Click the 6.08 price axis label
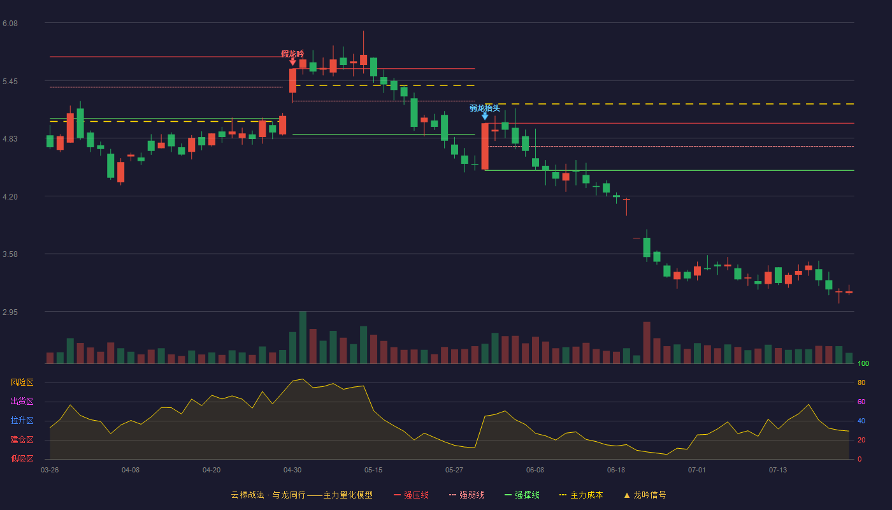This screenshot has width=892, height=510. click(x=10, y=24)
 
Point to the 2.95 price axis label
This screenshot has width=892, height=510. click(x=10, y=312)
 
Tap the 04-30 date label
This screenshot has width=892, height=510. click(x=292, y=470)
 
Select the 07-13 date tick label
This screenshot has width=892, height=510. click(x=778, y=470)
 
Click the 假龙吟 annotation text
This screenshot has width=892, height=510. click(x=292, y=54)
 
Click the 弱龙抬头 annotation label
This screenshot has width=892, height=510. click(x=485, y=108)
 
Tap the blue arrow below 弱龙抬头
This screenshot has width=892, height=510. click(x=485, y=116)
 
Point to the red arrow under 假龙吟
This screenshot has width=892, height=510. click(x=292, y=62)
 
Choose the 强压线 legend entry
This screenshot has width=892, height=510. click(x=411, y=495)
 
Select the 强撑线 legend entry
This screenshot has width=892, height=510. click(x=522, y=495)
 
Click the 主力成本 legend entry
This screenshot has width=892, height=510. click(x=581, y=495)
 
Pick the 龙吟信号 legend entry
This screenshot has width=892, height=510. click(x=645, y=495)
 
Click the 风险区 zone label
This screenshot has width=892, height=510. click(x=22, y=382)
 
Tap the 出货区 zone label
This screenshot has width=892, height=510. click(x=22, y=401)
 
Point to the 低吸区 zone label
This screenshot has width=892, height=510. click(x=22, y=458)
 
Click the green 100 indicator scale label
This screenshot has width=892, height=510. click(x=863, y=363)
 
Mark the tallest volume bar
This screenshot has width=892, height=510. click(x=303, y=337)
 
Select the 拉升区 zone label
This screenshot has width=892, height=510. click(x=22, y=420)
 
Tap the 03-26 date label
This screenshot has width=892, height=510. click(x=50, y=470)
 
